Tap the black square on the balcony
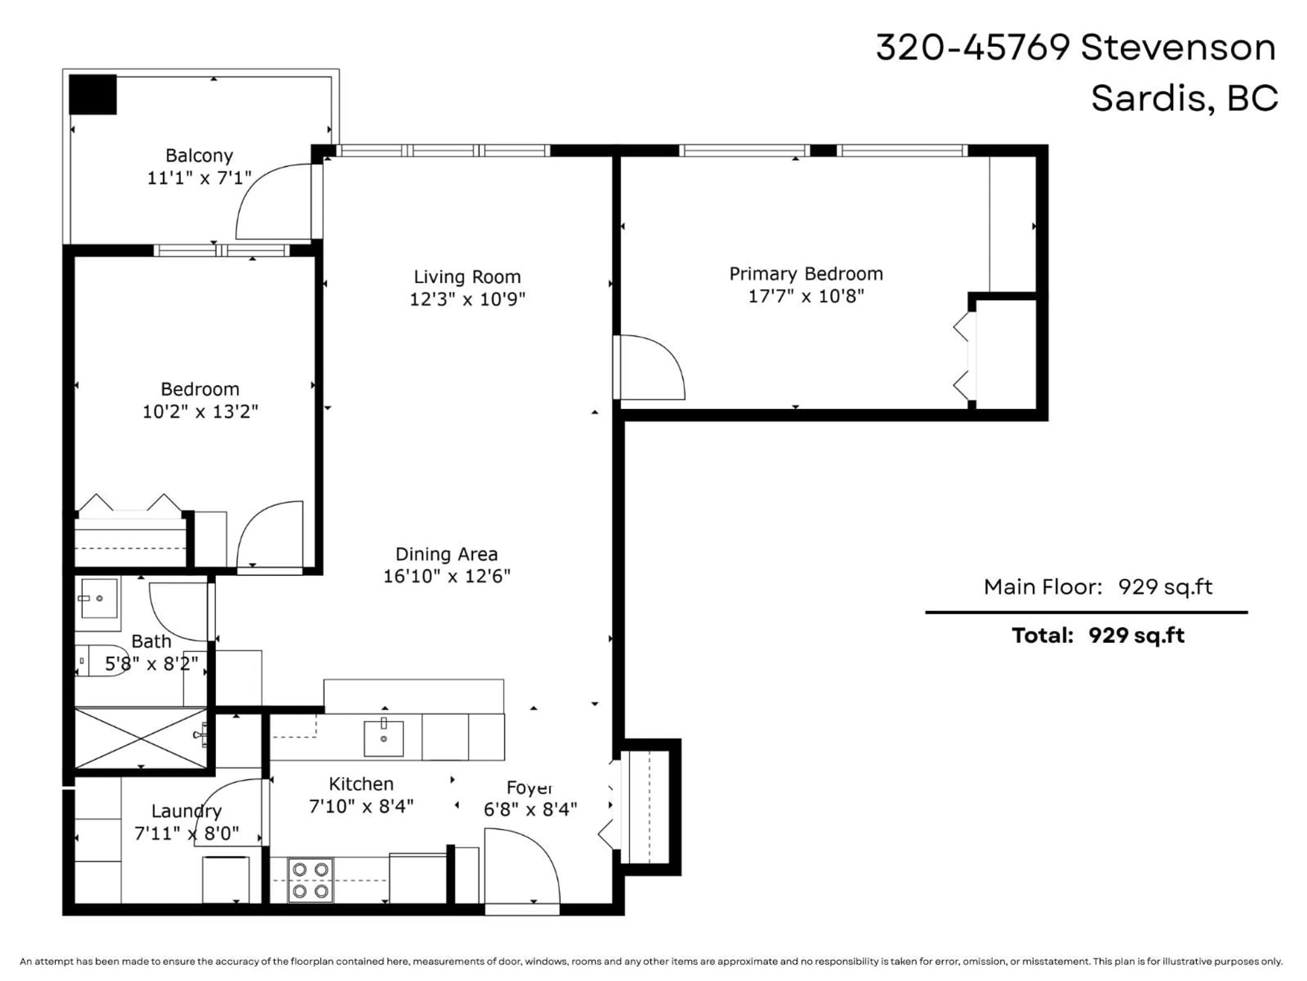[93, 94]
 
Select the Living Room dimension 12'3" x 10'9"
[467, 299]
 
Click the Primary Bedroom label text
[806, 274]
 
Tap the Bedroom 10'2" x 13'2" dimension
[200, 411]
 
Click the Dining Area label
[446, 554]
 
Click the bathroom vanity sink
[99, 598]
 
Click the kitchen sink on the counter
[384, 738]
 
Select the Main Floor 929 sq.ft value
[1165, 587]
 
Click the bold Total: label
[1042, 636]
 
